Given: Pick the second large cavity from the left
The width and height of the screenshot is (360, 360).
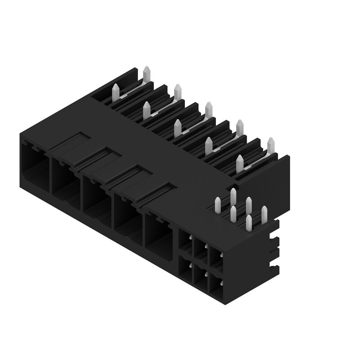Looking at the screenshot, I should (66, 184).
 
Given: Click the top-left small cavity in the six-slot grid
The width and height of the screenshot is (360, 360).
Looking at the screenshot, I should (185, 243).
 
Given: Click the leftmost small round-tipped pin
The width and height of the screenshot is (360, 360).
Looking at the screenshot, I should (219, 205).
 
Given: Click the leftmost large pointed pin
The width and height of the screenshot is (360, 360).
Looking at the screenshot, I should (115, 92).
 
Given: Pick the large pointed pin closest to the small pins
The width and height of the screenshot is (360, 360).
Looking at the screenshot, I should (239, 165).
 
